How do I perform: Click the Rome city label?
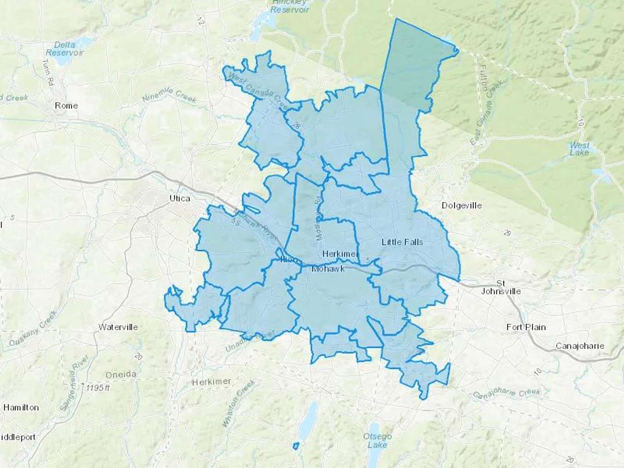point(66,105)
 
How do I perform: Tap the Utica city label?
point(180,198)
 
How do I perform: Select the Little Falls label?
point(402,242)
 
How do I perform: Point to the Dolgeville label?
point(461,206)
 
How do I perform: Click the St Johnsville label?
point(501,287)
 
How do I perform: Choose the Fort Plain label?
point(526,327)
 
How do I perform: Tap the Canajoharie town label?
point(580,346)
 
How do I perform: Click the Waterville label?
point(118,327)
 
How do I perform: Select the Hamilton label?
point(21,407)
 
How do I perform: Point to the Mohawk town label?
point(328,269)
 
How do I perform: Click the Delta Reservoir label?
point(64,49)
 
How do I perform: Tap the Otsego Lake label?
point(377,440)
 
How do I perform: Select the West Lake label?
point(579,149)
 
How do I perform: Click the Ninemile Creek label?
point(170,95)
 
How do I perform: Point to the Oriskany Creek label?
point(32,328)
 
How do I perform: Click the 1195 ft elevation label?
point(97,388)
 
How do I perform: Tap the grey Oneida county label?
point(121,374)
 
